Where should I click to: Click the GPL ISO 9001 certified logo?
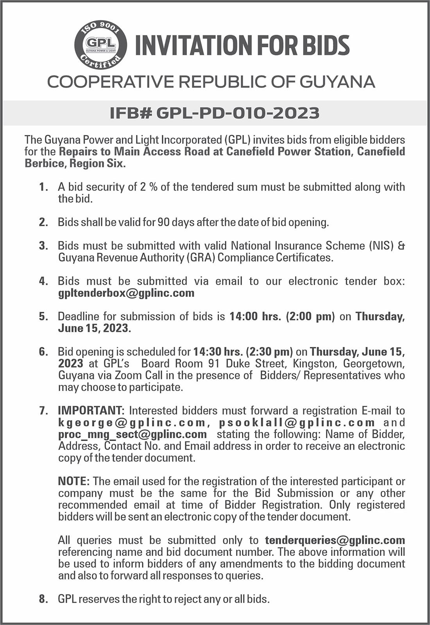(x=100, y=45)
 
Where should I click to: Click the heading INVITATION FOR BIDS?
(x=242, y=45)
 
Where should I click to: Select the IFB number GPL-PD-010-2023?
(x=215, y=113)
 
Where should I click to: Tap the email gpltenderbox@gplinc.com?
(x=126, y=293)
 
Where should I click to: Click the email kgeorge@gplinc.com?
(x=132, y=423)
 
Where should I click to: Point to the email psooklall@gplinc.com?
(x=297, y=423)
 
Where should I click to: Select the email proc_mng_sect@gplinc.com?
(x=133, y=434)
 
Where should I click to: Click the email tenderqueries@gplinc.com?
(x=335, y=540)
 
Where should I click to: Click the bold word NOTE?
(x=74, y=481)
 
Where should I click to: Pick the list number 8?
(x=43, y=599)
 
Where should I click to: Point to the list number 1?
(x=43, y=187)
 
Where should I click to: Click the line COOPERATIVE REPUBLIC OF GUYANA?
(x=211, y=82)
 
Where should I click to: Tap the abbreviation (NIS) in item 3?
(x=381, y=246)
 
